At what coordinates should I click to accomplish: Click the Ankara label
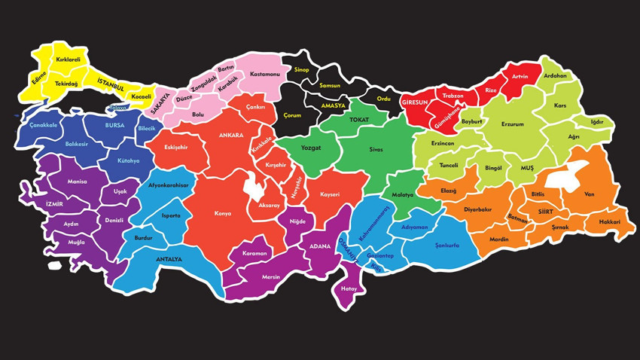tap(231, 136)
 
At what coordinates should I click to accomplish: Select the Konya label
tap(223, 214)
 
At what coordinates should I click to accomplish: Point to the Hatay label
tap(349, 288)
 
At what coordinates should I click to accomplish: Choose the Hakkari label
tap(609, 222)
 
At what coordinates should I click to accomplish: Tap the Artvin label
tap(520, 77)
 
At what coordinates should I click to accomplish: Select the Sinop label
tap(301, 70)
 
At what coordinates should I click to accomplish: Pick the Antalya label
tap(169, 259)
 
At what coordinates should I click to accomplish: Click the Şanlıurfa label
tap(446, 246)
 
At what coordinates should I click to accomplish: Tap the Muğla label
tap(76, 243)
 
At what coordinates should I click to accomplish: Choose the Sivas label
tap(376, 150)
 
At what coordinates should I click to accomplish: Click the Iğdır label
tap(597, 122)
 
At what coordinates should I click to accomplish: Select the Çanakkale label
tap(44, 125)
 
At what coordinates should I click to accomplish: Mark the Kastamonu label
tap(265, 75)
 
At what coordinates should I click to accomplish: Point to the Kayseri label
tap(330, 195)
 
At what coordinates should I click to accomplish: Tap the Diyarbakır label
tap(477, 209)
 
